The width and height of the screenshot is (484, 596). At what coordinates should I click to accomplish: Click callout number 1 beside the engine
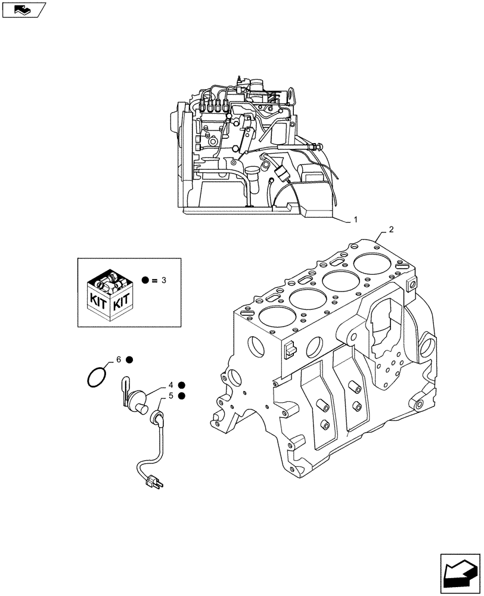356,220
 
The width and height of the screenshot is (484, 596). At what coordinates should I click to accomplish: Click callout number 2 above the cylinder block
391,229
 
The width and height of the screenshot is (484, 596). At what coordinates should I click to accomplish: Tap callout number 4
170,385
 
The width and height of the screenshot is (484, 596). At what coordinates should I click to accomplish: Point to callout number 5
170,395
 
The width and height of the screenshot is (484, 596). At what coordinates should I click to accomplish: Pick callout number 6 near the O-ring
119,359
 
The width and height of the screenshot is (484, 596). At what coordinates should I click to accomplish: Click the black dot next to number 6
129,360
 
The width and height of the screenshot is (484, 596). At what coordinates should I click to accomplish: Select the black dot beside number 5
181,396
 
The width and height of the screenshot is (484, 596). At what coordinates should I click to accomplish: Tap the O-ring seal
97,377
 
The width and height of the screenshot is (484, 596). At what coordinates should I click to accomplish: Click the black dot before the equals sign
145,280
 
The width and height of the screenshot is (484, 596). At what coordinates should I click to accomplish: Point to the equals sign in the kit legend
155,280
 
